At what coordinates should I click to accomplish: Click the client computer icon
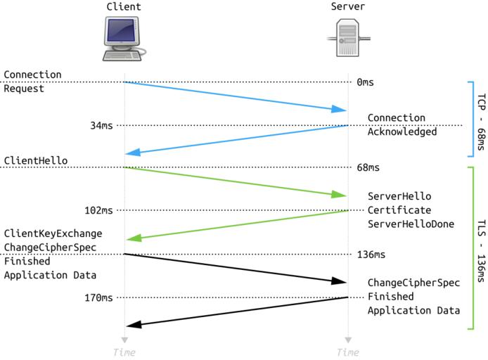click(x=124, y=39)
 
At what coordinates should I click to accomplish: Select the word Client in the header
click(x=124, y=7)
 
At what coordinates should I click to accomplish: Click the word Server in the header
click(x=348, y=7)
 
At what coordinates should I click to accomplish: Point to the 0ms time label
click(x=365, y=82)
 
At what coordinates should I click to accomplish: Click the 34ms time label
click(x=101, y=125)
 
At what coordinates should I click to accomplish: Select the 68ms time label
click(x=368, y=168)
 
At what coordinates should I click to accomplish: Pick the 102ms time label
click(x=98, y=210)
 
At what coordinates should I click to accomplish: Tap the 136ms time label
click(x=371, y=254)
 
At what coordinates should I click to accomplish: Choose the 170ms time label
click(x=98, y=297)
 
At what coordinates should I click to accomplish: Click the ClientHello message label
click(x=36, y=160)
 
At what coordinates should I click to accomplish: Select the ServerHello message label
click(x=399, y=195)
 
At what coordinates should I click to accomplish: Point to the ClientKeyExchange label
click(x=53, y=233)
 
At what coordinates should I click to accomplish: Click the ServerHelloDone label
click(x=409, y=224)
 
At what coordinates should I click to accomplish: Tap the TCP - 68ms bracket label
click(x=480, y=118)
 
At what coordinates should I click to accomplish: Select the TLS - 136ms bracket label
click(x=480, y=247)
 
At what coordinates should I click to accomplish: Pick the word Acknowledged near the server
click(x=402, y=131)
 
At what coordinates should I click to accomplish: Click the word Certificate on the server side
click(x=399, y=210)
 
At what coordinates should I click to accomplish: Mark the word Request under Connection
click(x=24, y=89)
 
